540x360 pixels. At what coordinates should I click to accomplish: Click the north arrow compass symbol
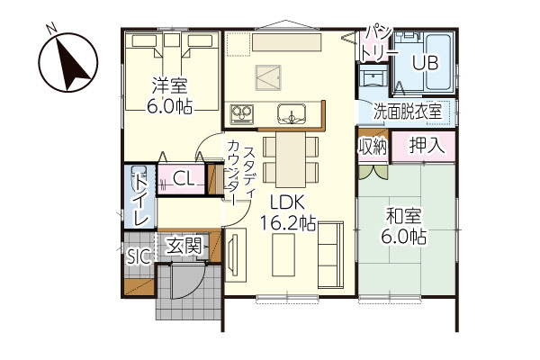(x=67, y=62)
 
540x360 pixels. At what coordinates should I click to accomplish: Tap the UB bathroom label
(x=426, y=63)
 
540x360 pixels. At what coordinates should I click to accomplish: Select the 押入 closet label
(x=427, y=146)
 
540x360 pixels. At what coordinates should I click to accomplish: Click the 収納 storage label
(x=373, y=147)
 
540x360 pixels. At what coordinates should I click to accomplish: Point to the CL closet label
(x=184, y=179)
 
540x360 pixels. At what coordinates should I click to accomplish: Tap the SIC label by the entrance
(x=139, y=256)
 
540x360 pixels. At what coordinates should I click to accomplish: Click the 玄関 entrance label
(x=184, y=246)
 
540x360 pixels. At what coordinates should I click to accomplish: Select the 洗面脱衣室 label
(x=408, y=112)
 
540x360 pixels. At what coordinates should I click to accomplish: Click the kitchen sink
(x=292, y=113)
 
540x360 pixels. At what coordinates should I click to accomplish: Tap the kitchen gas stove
(x=242, y=114)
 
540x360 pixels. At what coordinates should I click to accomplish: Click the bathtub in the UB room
(x=437, y=63)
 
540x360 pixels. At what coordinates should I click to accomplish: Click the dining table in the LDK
(x=291, y=160)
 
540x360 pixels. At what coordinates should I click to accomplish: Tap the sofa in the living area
(x=330, y=255)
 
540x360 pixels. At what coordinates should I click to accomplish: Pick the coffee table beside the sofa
(x=283, y=255)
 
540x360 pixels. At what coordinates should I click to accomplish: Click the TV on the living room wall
(x=233, y=253)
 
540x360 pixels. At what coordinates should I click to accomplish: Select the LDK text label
(x=287, y=202)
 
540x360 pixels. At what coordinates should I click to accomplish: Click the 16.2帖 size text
(x=288, y=223)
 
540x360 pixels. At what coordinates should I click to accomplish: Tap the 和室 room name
(x=403, y=216)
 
